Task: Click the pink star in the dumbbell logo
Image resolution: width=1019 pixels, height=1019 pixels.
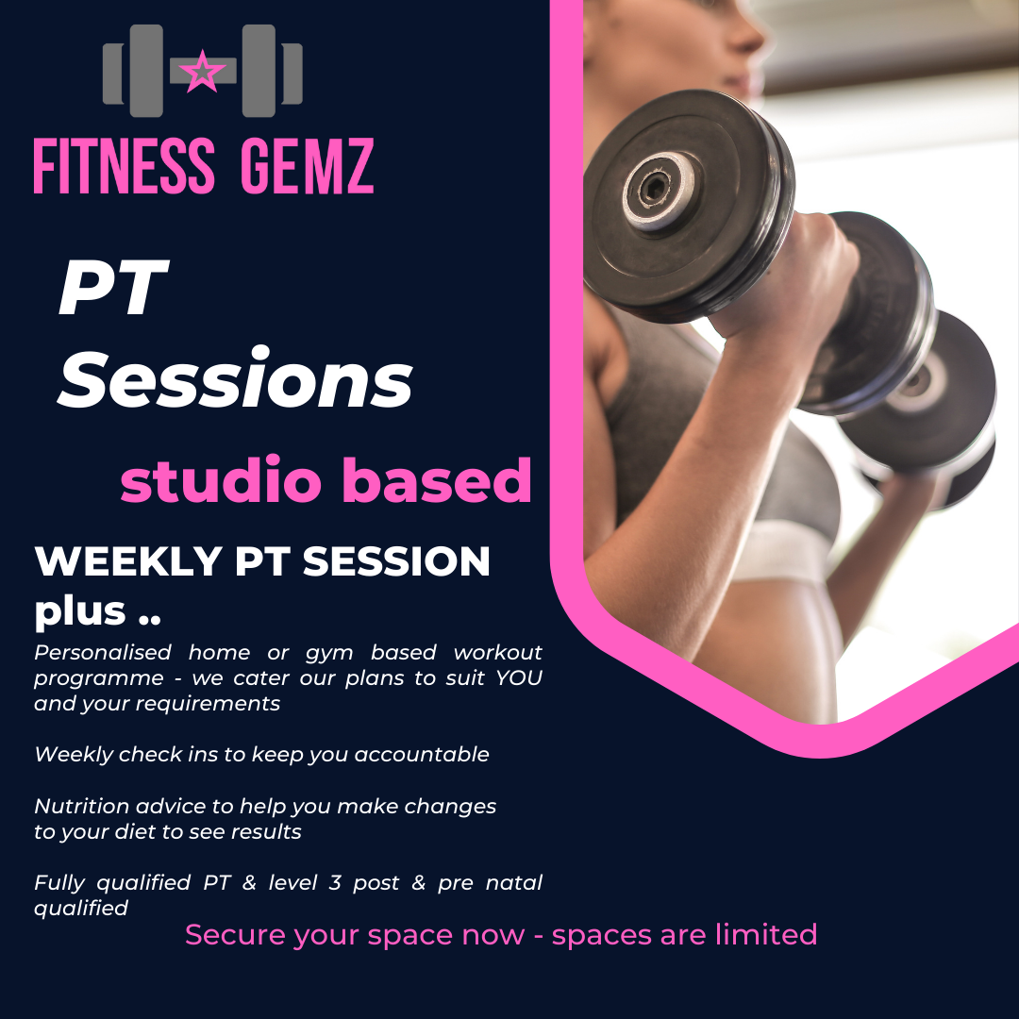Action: pyautogui.click(x=202, y=71)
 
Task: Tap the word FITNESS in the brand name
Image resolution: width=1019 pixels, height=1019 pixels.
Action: pyautogui.click(x=125, y=166)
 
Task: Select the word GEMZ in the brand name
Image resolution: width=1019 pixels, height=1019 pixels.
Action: pyautogui.click(x=308, y=166)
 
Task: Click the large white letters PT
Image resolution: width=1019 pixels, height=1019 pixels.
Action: pyautogui.click(x=114, y=287)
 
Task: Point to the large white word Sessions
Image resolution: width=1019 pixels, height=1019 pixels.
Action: pyautogui.click(x=235, y=377)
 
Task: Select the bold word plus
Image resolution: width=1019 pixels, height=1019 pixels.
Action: pyautogui.click(x=80, y=612)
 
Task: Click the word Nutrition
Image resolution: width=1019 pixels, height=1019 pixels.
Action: pyautogui.click(x=82, y=806)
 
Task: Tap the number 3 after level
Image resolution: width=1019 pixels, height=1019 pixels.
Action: pyautogui.click(x=335, y=882)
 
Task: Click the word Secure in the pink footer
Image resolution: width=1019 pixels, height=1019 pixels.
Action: pyautogui.click(x=235, y=934)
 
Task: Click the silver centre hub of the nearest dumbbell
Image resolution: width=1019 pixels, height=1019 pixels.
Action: pyautogui.click(x=657, y=190)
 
